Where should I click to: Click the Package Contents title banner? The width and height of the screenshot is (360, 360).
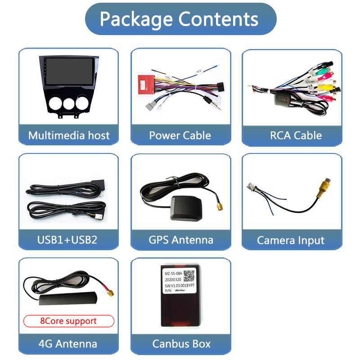pyautogui.click(x=180, y=19)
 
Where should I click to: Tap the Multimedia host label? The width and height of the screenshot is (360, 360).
pyautogui.click(x=68, y=135)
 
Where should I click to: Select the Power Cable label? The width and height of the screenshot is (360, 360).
pyautogui.click(x=180, y=135)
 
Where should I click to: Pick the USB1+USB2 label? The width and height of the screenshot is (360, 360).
pyautogui.click(x=67, y=239)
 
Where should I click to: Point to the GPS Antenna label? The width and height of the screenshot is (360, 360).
pyautogui.click(x=180, y=239)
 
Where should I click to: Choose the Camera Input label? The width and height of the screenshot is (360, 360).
pyautogui.click(x=291, y=240)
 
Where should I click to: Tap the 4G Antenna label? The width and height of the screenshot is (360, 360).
pyautogui.click(x=67, y=344)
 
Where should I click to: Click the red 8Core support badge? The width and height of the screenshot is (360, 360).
pyautogui.click(x=68, y=321)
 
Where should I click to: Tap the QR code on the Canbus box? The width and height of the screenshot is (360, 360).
pyautogui.click(x=189, y=276)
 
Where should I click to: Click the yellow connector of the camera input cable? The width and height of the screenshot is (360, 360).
pyautogui.click(x=324, y=188)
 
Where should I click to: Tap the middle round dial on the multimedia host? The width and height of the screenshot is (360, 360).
pyautogui.click(x=68, y=103)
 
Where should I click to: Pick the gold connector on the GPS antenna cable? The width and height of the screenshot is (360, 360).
pyautogui.click(x=219, y=207)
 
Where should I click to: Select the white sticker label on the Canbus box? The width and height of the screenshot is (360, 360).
pyautogui.click(x=179, y=281)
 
